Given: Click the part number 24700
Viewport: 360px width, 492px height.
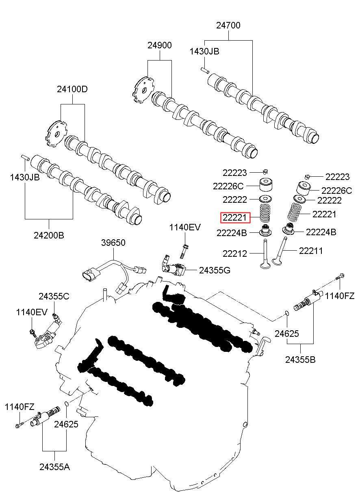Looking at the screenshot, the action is pyautogui.click(x=228, y=26).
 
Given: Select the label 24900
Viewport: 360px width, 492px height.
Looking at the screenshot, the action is pyautogui.click(x=159, y=45).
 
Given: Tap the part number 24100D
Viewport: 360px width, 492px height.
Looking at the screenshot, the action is pyautogui.click(x=72, y=89).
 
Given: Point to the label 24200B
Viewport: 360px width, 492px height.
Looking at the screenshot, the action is pyautogui.click(x=49, y=235).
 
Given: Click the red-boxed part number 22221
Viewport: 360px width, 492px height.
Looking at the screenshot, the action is pyautogui.click(x=234, y=218).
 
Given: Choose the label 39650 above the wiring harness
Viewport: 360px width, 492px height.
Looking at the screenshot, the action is pyautogui.click(x=113, y=243).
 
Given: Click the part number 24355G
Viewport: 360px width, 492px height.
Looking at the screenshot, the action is pyautogui.click(x=215, y=270).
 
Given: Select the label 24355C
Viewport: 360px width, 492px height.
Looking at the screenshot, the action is pyautogui.click(x=54, y=296).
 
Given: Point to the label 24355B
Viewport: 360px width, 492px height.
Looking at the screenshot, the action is pyautogui.click(x=300, y=359).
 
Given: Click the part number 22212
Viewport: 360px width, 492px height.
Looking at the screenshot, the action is pyautogui.click(x=235, y=254).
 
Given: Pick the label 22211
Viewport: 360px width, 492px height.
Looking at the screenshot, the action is pyautogui.click(x=311, y=251).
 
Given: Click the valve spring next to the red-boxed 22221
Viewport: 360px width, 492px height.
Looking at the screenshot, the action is pyautogui.click(x=265, y=213).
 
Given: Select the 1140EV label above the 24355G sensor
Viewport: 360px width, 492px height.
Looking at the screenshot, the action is pyautogui.click(x=185, y=228).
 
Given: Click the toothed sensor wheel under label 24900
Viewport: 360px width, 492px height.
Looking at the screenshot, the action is pyautogui.click(x=143, y=90).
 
